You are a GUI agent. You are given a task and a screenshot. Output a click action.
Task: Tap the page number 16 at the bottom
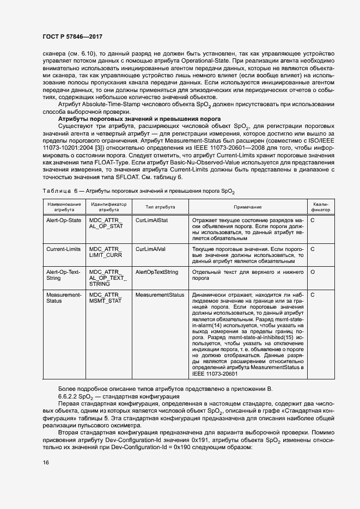click(46, 462)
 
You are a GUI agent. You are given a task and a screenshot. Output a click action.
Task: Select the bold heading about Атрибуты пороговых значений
click(139, 119)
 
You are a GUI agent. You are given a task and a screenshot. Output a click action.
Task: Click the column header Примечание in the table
click(248, 207)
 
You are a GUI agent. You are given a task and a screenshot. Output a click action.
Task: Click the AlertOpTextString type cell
click(157, 271)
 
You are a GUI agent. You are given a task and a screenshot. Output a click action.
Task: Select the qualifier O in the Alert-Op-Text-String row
click(313, 271)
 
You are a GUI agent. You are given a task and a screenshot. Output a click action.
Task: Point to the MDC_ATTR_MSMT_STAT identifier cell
click(106, 297)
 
